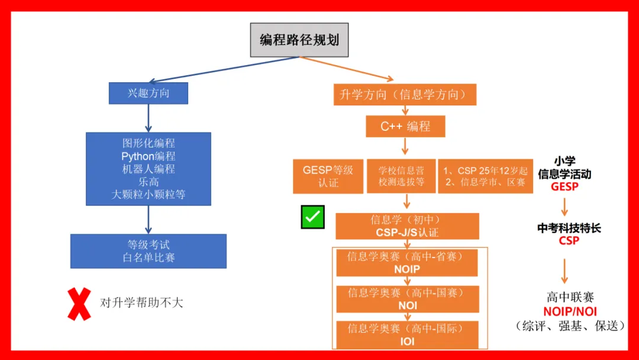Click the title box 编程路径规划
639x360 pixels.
pos(299,40)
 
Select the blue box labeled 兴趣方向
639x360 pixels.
pos(148,93)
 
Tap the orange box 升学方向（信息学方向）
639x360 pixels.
pos(405,94)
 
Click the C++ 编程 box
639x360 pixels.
pos(405,126)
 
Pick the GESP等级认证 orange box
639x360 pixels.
pos(328,176)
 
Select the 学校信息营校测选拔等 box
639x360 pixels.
pos(401,176)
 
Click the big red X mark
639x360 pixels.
pos(79,304)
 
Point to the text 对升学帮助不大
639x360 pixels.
pos(142,303)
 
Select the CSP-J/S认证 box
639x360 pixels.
pos(407,226)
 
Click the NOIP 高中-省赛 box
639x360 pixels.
pos(406,263)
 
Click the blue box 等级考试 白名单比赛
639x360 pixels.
pos(148,251)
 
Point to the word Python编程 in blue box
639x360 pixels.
pos(149,156)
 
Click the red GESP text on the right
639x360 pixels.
pos(564,187)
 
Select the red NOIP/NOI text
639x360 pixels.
pos(570,311)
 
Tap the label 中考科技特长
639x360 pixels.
pos(569,229)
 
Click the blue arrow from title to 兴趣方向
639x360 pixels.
pos(225,69)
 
